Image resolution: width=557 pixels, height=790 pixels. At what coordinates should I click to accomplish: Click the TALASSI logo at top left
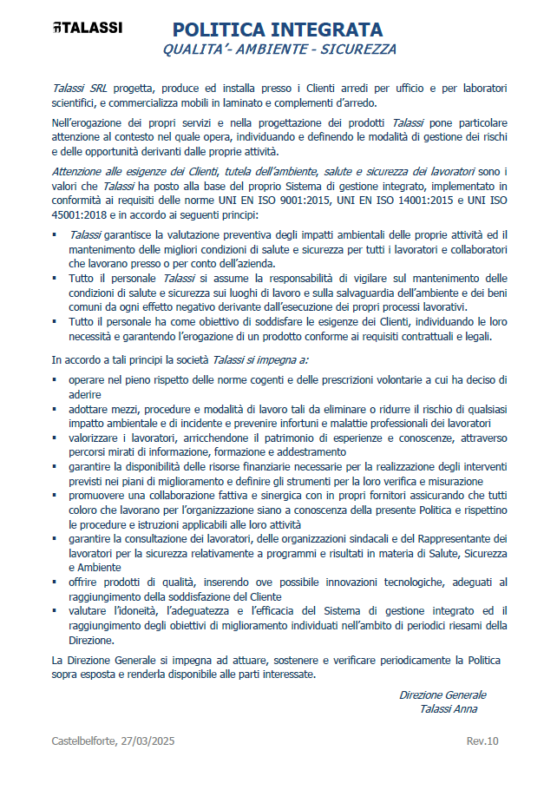point(87,28)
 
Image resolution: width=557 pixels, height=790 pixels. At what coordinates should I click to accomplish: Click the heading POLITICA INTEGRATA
point(277,30)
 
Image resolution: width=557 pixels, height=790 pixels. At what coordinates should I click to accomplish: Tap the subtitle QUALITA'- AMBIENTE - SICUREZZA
point(279,50)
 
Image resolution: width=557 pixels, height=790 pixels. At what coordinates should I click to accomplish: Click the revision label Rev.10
point(482,741)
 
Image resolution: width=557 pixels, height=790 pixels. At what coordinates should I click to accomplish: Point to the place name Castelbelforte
point(86,741)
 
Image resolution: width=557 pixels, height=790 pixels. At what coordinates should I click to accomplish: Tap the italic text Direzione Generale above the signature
point(442,695)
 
